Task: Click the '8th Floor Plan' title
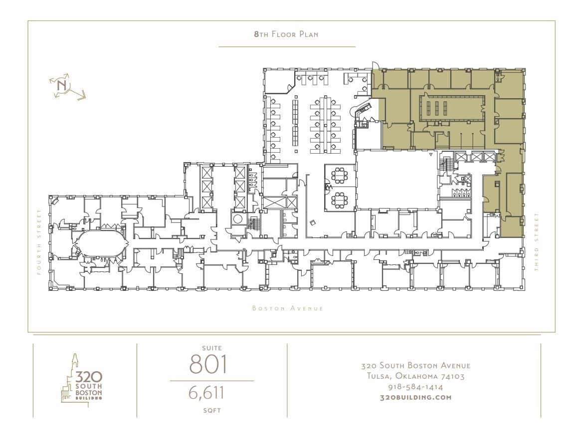[286, 34]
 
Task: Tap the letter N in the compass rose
[62, 85]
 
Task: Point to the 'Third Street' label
[537, 242]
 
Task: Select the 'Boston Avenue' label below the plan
[288, 308]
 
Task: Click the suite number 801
[208, 364]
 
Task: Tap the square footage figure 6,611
[206, 393]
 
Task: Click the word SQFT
[212, 411]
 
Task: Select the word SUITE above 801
[212, 348]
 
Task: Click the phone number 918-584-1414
[415, 387]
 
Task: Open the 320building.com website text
[415, 398]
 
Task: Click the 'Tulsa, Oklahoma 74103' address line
[415, 376]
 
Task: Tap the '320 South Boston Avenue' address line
[415, 366]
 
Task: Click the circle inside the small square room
[238, 218]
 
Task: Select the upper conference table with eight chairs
[340, 176]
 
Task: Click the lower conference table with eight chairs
[340, 199]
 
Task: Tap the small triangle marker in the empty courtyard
[430, 155]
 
